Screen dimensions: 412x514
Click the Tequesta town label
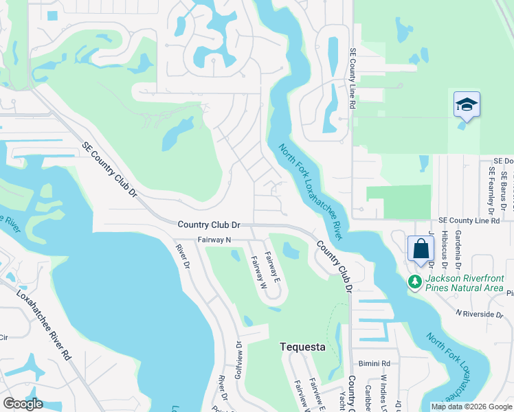(303, 347)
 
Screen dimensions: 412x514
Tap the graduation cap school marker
(467, 105)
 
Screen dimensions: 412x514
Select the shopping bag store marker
(421, 249)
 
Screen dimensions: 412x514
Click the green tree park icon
(414, 282)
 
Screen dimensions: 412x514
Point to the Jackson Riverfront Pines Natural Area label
(465, 283)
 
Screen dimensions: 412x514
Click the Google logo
(23, 404)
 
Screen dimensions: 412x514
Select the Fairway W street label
(258, 271)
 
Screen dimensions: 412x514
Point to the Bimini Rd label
(374, 363)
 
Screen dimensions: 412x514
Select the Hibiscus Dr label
(445, 249)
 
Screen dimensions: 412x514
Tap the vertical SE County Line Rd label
(352, 79)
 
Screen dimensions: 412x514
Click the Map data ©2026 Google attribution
(471, 407)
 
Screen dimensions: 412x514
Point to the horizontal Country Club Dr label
(209, 225)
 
